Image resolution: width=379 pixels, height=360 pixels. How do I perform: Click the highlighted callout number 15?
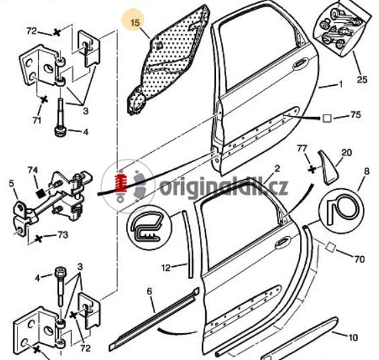(x=136, y=23)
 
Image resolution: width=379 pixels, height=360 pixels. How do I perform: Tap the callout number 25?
(x=362, y=79)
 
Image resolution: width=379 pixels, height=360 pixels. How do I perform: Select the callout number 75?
(x=356, y=115)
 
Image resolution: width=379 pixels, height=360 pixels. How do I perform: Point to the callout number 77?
(x=302, y=149)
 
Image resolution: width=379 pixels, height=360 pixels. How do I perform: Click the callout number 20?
(x=347, y=153)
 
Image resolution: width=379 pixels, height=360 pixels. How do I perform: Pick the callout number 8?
(x=367, y=172)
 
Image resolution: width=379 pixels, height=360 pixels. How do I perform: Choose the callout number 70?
(x=360, y=259)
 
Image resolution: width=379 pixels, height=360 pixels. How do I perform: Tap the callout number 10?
(x=353, y=337)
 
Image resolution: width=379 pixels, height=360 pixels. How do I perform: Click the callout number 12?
(x=166, y=267)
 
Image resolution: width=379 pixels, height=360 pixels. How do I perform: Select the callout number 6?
(x=150, y=292)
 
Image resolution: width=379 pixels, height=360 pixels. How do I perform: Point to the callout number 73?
(x=63, y=235)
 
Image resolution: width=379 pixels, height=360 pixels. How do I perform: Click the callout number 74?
(x=33, y=170)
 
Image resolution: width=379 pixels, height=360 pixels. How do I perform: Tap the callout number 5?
(x=11, y=184)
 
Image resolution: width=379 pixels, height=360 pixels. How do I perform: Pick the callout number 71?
(x=37, y=120)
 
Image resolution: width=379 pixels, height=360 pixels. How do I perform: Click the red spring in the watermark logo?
(x=122, y=182)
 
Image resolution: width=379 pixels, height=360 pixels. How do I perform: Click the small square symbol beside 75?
(x=327, y=119)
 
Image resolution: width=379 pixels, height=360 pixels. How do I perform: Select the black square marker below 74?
(x=40, y=193)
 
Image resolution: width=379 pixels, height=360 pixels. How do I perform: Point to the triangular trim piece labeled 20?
(x=327, y=168)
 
